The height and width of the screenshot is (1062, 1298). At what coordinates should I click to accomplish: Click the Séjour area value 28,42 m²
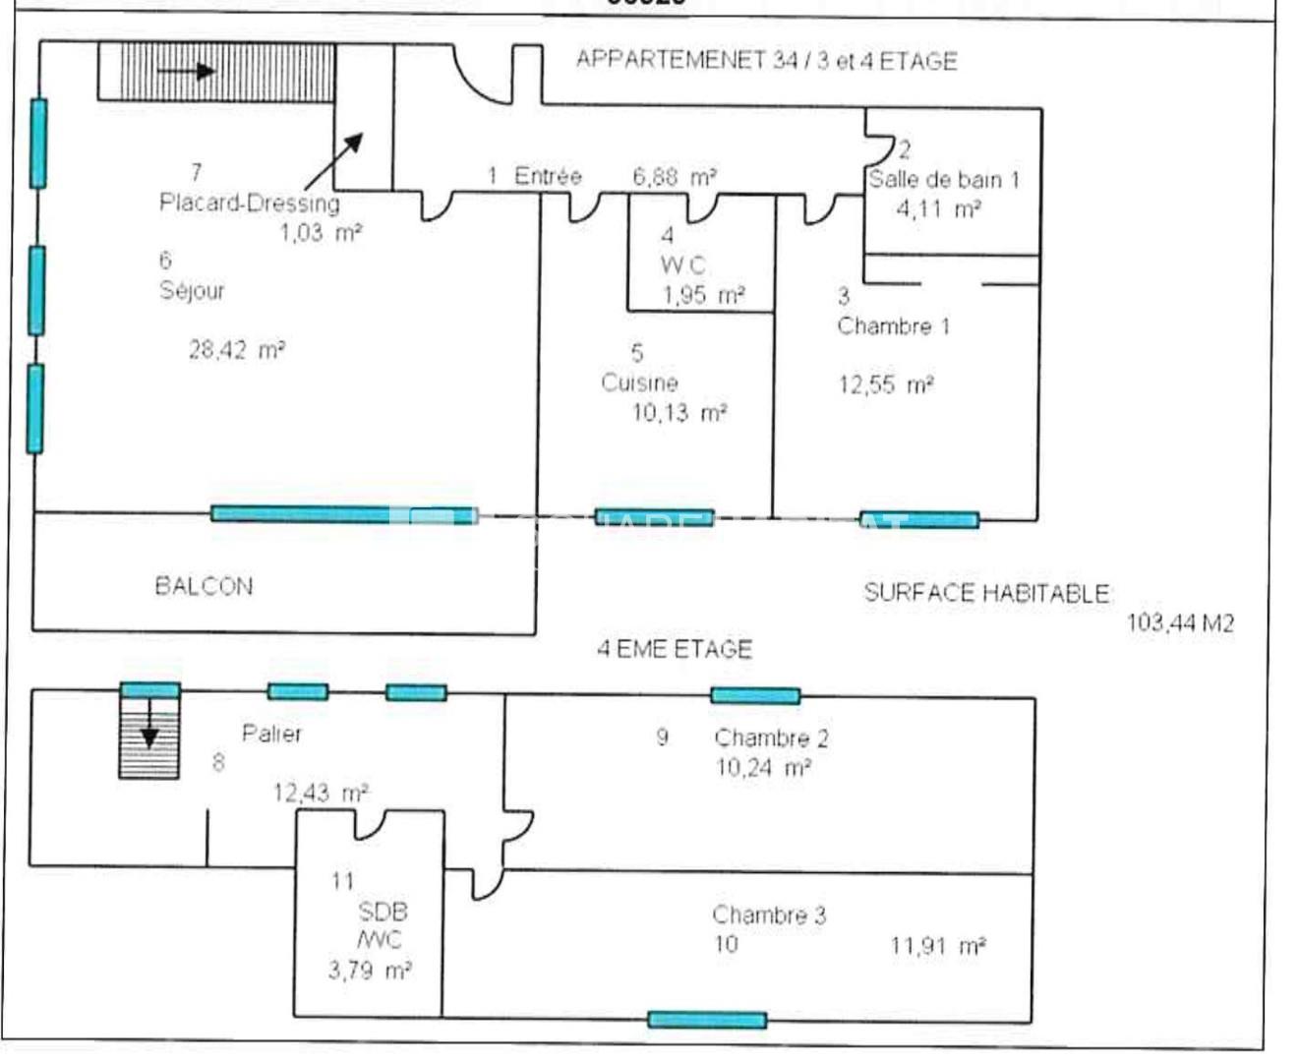click(237, 349)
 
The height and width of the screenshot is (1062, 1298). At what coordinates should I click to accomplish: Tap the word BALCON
click(204, 586)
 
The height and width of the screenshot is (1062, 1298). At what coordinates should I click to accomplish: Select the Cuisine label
click(639, 383)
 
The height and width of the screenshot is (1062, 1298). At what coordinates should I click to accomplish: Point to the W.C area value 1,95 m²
click(703, 295)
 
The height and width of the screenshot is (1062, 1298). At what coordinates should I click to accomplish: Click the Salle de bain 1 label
click(943, 180)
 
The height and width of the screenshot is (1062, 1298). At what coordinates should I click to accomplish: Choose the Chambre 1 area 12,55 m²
click(885, 384)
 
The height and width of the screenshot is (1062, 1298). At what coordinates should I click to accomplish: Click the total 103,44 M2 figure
click(1179, 622)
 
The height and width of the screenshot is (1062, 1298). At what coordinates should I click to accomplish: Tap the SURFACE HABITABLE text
click(986, 593)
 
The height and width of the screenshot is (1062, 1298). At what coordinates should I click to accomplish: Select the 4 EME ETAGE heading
click(675, 649)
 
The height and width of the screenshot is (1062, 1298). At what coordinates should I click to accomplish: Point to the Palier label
click(271, 734)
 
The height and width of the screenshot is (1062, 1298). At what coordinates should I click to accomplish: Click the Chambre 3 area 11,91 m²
click(937, 946)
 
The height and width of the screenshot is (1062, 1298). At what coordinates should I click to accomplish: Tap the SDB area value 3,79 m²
click(369, 971)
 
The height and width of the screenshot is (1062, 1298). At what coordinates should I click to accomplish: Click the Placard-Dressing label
click(250, 203)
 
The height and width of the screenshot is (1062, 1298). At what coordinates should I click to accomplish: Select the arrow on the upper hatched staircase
click(187, 71)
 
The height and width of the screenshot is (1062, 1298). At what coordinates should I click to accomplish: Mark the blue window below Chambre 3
click(707, 1020)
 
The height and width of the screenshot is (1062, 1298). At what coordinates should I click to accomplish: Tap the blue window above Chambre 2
click(755, 696)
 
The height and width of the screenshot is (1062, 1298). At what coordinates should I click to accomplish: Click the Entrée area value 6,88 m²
click(675, 177)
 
